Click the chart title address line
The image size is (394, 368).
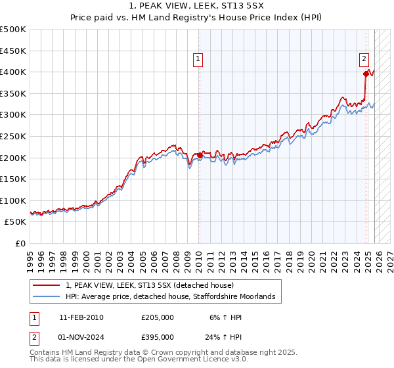[x=197, y=5]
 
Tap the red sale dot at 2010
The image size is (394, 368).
[x=200, y=155]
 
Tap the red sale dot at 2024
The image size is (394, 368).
[x=366, y=74]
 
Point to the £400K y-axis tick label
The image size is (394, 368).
[x=13, y=72]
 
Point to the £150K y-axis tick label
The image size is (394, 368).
[x=13, y=179]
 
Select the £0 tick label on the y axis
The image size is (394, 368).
[x=20, y=243]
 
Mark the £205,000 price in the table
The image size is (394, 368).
[x=158, y=317]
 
